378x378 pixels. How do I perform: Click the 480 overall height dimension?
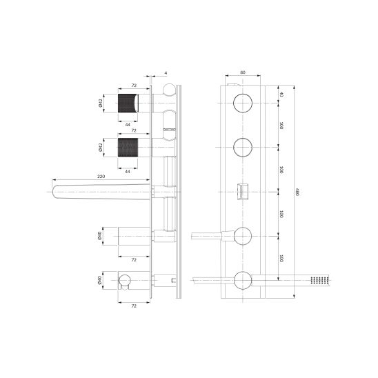pyautogui.click(x=297, y=192)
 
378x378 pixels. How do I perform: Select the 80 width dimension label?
pyautogui.click(x=243, y=72)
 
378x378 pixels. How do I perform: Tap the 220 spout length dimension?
pyautogui.click(x=101, y=177)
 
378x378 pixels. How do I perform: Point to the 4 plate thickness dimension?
pyautogui.click(x=166, y=73)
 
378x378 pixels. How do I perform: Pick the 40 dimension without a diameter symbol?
pyautogui.click(x=281, y=94)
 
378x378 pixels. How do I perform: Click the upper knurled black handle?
pyautogui.click(x=128, y=103)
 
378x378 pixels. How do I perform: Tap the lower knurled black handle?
pyautogui.click(x=128, y=147)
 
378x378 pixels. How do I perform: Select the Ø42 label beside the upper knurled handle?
pyautogui.click(x=101, y=103)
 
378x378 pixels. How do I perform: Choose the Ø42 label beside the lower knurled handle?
pyautogui.click(x=101, y=148)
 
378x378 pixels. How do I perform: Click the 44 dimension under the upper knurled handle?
pyautogui.click(x=128, y=125)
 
